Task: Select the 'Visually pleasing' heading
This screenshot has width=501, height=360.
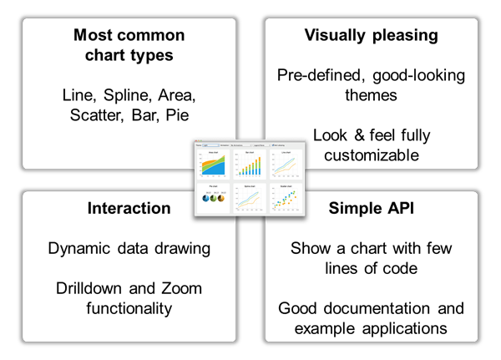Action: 372,35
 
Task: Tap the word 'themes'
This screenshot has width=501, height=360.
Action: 371,95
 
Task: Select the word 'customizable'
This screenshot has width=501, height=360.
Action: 372,155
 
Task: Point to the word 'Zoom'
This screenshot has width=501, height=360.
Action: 181,289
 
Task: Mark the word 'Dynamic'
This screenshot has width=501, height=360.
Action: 79,248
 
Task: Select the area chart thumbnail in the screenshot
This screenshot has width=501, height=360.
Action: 213,166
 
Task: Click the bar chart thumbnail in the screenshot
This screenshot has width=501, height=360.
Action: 249,166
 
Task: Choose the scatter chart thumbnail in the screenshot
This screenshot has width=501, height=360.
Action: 285,200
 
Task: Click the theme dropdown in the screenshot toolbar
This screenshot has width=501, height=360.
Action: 210,145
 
